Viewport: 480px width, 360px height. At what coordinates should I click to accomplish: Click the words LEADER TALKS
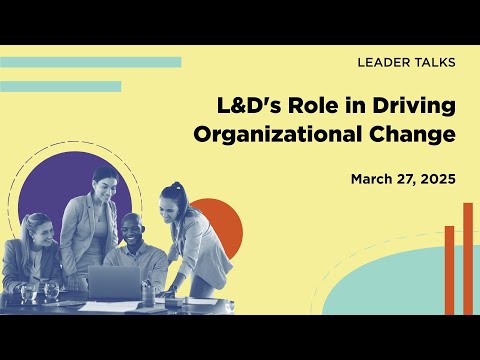[x=406, y=62]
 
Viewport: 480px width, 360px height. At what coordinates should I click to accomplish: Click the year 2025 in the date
[x=436, y=179]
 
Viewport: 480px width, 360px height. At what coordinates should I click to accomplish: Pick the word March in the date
[x=372, y=179]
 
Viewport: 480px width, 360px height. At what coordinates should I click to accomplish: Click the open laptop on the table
[x=115, y=281]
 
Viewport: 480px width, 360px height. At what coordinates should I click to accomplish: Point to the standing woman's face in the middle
[x=105, y=187]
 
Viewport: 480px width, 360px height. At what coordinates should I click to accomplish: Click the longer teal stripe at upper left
[x=90, y=62]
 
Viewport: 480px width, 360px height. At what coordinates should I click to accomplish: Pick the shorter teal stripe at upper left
[x=60, y=86]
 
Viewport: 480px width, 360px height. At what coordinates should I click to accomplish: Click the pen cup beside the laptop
[x=148, y=294]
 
